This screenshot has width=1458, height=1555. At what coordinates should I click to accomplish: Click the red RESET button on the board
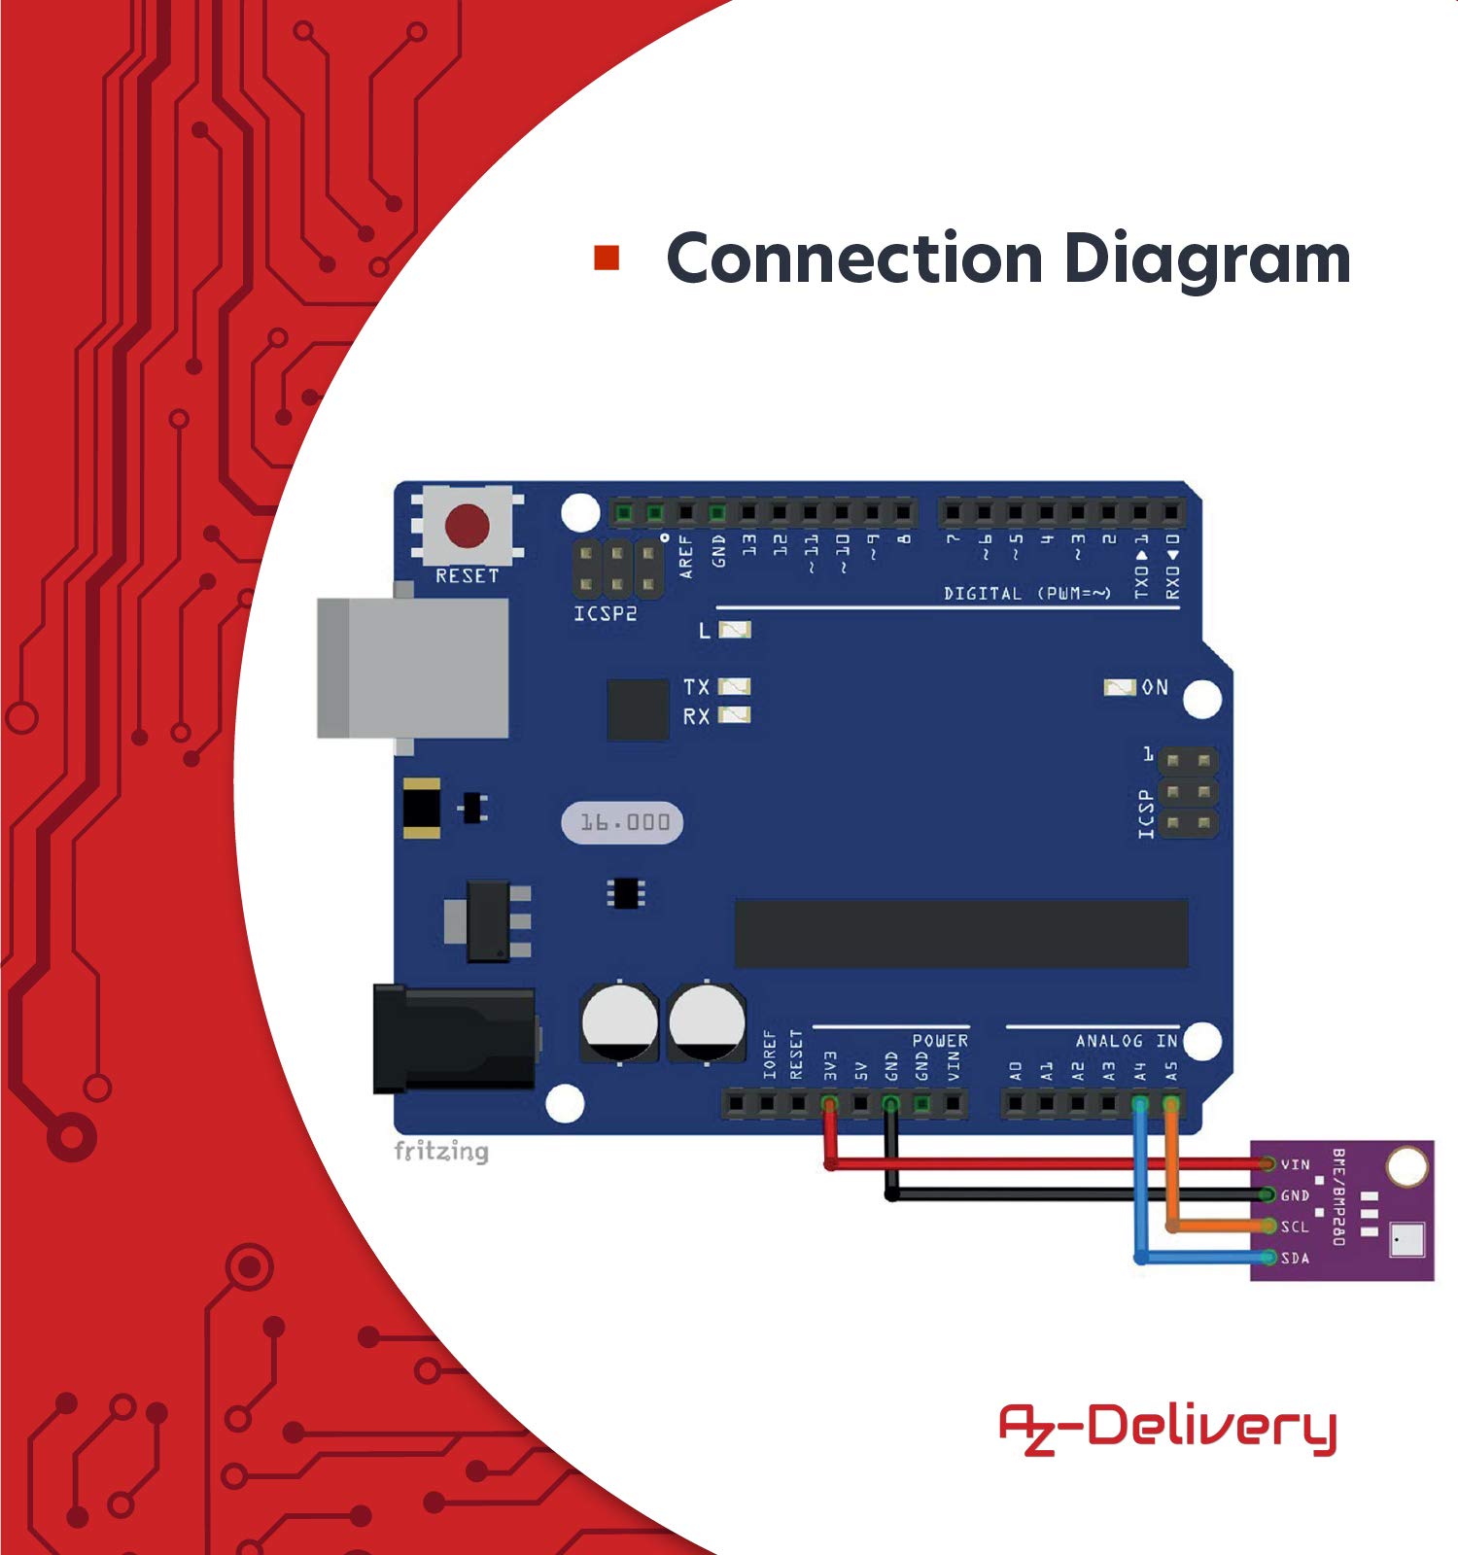point(468,526)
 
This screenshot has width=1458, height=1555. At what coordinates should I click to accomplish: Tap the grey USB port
point(413,668)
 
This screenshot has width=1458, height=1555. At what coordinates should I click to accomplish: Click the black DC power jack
point(454,1038)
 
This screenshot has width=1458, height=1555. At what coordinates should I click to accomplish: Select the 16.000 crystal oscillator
point(623,823)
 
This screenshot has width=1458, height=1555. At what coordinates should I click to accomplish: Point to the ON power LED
point(1120,688)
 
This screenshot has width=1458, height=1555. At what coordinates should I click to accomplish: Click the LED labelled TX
point(735,687)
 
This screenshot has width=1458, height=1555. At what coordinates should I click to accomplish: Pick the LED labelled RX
point(735,716)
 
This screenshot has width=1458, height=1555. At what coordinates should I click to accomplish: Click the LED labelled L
point(735,631)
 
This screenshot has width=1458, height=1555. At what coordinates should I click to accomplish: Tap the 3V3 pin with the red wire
point(829,1104)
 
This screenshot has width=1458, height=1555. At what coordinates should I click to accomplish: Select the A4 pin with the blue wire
point(1140,1104)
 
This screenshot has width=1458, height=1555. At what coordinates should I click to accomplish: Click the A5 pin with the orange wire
point(1171,1104)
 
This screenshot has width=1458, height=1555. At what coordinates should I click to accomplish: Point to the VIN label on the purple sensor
point(1295,1164)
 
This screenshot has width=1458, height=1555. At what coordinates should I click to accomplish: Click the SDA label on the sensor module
point(1295,1259)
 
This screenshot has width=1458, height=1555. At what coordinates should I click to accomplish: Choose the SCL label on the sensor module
point(1295,1227)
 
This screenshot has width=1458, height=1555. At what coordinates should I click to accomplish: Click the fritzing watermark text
point(441,1152)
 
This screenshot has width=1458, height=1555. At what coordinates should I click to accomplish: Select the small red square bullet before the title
point(607,258)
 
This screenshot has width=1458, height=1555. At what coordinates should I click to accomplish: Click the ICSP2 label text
point(605,614)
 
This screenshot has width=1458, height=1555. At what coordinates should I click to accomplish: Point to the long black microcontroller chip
point(961,933)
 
